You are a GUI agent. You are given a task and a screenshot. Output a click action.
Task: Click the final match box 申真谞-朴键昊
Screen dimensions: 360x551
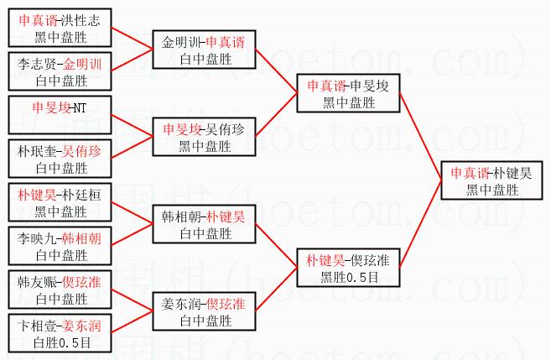[x=491, y=181]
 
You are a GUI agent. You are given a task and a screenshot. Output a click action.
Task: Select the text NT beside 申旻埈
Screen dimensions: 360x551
[x=78, y=107]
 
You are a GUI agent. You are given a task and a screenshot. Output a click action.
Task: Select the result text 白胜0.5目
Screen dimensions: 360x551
[x=61, y=342]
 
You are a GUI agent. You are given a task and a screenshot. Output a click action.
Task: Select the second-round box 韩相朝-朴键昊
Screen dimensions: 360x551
[x=205, y=224]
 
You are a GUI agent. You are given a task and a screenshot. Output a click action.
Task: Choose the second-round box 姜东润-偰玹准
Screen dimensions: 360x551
[x=205, y=311]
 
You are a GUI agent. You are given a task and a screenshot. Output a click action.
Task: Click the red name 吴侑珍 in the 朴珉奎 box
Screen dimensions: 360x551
[x=83, y=150]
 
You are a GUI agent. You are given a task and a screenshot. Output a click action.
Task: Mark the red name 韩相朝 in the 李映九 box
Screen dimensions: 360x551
[x=83, y=238]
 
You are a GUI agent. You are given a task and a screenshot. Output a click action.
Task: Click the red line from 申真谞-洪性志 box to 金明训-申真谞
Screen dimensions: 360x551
[x=130, y=39]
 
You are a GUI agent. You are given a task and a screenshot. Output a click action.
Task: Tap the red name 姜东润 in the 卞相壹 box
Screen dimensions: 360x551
[x=83, y=326]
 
